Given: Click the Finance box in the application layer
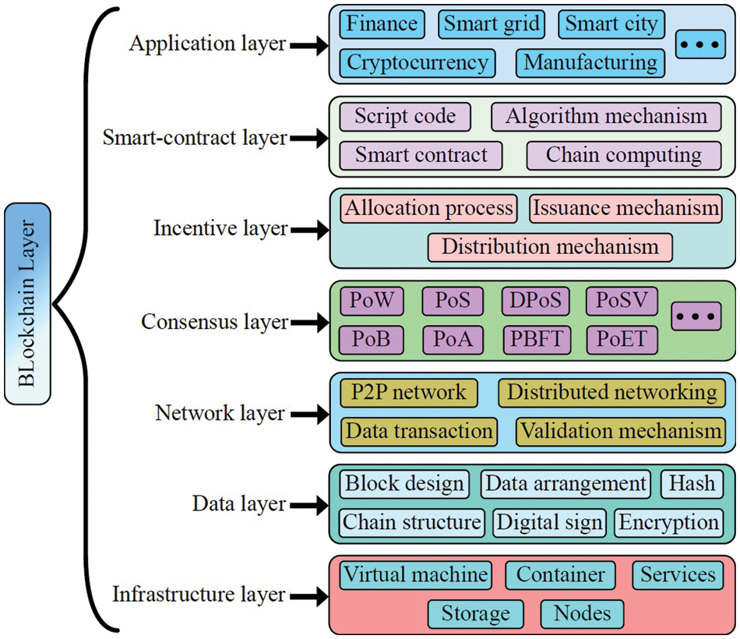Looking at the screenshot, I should pyautogui.click(x=382, y=23).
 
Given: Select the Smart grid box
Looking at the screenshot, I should pyautogui.click(x=492, y=23).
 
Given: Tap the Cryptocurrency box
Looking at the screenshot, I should pyautogui.click(x=418, y=62).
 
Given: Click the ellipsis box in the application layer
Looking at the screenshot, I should pyautogui.click(x=696, y=44).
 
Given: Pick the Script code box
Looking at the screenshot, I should pyautogui.click(x=405, y=117).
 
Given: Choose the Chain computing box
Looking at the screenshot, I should pyautogui.click(x=624, y=155).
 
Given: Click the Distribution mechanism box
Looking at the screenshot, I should pyautogui.click(x=550, y=247).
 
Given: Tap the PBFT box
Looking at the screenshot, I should pyautogui.click(x=537, y=339).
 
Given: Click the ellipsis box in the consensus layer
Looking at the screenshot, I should pyautogui.click(x=696, y=318).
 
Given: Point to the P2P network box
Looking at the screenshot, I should pyautogui.click(x=409, y=392).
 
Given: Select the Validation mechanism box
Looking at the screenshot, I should pyautogui.click(x=621, y=430).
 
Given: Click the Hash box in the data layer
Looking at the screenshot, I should pyautogui.click(x=692, y=483).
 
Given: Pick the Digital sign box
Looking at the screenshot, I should pyautogui.click(x=550, y=522).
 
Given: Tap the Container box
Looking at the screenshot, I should pyautogui.click(x=561, y=575).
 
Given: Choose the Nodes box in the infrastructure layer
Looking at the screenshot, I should pyautogui.click(x=582, y=613).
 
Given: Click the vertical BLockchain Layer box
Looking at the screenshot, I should pyautogui.click(x=26, y=304).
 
